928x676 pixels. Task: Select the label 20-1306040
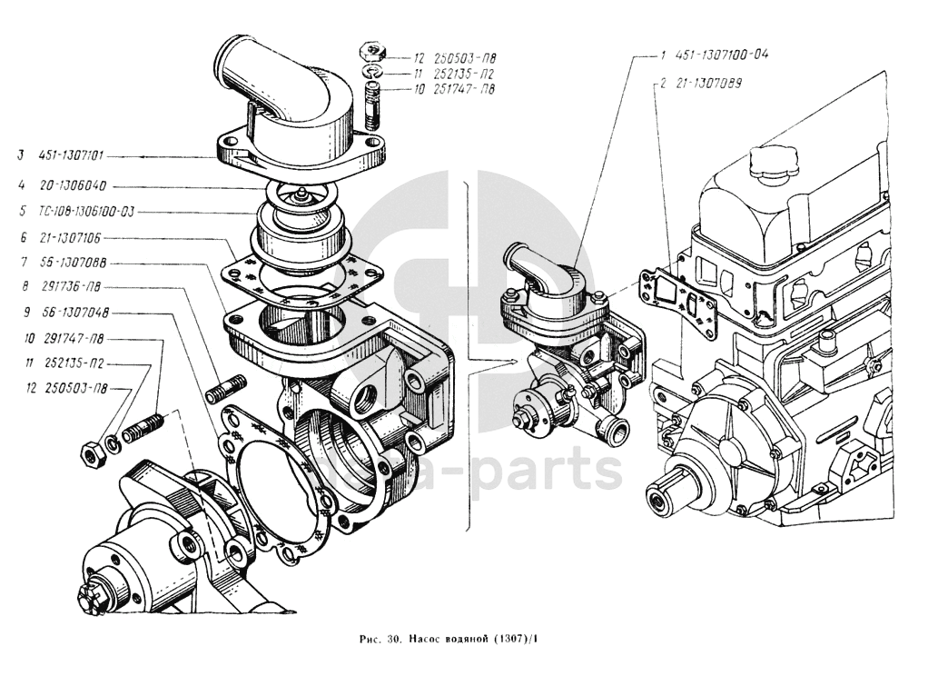pyautogui.click(x=74, y=185)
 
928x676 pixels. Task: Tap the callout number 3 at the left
pyautogui.click(x=18, y=156)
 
